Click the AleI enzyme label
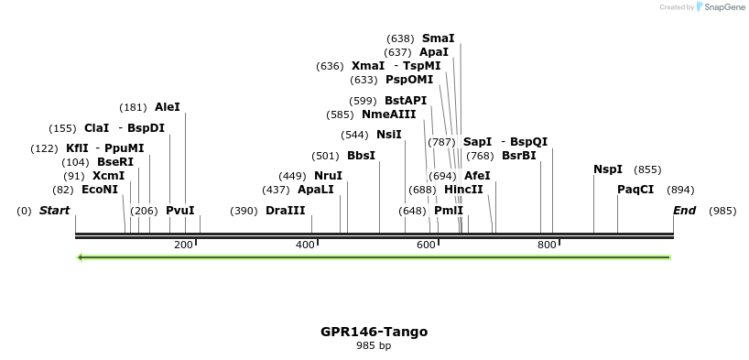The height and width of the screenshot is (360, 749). [x=168, y=107]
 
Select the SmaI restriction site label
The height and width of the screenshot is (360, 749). [x=438, y=38]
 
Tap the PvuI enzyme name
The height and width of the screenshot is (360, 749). [x=180, y=211]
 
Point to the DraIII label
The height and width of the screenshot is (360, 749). [x=285, y=211]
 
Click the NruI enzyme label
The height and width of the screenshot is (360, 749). [x=328, y=176]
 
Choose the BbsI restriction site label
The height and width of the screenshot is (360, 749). [x=361, y=156]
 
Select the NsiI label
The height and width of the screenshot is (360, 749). [x=389, y=135]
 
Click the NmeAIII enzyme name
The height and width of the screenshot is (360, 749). [x=388, y=115]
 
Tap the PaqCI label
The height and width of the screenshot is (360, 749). [x=635, y=190]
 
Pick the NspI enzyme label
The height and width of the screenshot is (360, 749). [x=608, y=169]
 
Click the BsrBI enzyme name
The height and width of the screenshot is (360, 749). [x=519, y=156]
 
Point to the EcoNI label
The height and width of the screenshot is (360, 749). [x=100, y=190]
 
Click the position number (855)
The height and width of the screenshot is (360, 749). [x=647, y=169]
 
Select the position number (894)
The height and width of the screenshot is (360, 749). [x=680, y=190]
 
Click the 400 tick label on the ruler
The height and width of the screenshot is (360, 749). [x=304, y=245]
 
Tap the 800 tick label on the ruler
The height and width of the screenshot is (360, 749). [x=547, y=245]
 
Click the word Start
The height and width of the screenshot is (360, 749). [x=54, y=211]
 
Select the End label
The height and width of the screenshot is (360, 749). [x=684, y=211]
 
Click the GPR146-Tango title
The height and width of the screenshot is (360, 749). [x=374, y=332]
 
